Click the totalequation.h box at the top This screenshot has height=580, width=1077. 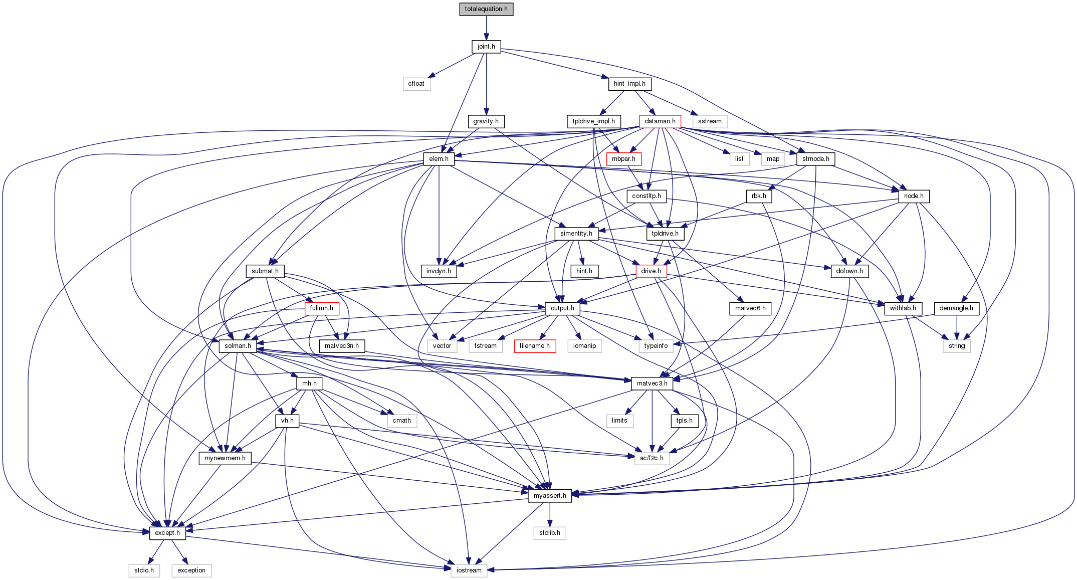(x=486, y=9)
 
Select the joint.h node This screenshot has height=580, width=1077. (x=486, y=47)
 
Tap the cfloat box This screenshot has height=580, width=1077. (x=416, y=84)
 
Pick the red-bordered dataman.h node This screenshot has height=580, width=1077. (x=660, y=121)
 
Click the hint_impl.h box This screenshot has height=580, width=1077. (x=629, y=84)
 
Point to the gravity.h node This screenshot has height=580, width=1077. (x=486, y=121)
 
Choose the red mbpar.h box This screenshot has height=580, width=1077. (x=623, y=159)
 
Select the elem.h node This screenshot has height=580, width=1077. (x=439, y=159)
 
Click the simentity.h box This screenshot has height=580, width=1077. (x=576, y=234)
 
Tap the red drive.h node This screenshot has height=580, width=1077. (x=651, y=271)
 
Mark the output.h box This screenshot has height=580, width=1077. (x=562, y=308)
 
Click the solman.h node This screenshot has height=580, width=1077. (x=238, y=346)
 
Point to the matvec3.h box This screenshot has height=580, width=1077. (x=652, y=383)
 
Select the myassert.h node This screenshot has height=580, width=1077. (x=550, y=496)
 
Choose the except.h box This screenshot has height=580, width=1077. (x=167, y=533)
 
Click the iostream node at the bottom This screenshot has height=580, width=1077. (x=469, y=570)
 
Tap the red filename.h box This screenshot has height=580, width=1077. (x=534, y=346)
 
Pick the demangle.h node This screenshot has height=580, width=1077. (x=956, y=308)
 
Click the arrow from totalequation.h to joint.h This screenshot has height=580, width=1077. (x=486, y=28)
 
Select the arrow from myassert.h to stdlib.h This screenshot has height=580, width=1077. (x=550, y=514)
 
